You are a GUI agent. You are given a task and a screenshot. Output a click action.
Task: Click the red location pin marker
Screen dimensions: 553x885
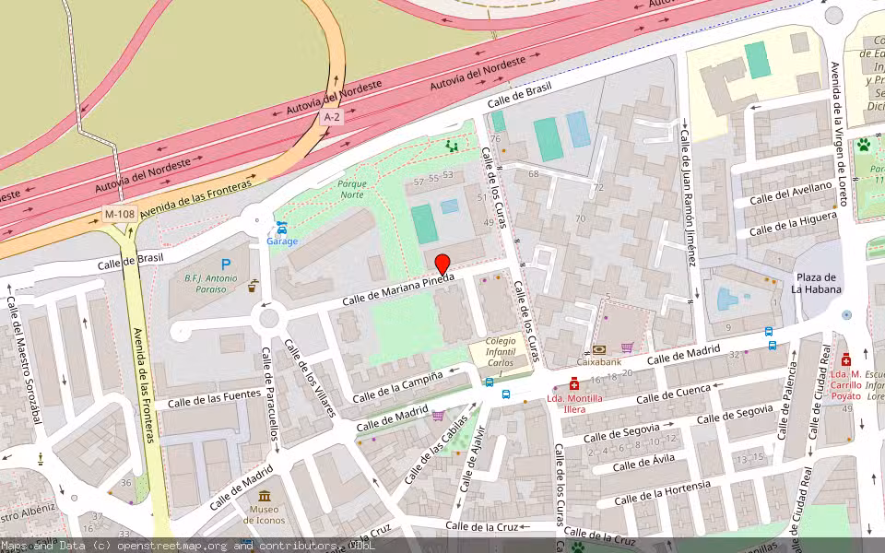[x=442, y=264]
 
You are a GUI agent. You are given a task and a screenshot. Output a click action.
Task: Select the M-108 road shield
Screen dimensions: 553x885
[x=115, y=214]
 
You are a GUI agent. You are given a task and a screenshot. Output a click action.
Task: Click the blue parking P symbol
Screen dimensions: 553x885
[x=226, y=265]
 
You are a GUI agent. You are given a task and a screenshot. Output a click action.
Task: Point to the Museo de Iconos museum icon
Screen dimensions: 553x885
[x=265, y=497]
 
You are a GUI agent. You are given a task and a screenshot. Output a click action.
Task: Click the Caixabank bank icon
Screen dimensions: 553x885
[x=599, y=349]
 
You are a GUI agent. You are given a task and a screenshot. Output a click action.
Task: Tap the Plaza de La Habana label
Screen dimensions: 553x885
[x=816, y=283]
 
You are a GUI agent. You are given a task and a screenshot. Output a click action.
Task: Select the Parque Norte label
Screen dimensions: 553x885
[x=351, y=189]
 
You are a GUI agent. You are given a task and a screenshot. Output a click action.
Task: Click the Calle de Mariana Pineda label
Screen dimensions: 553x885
[x=398, y=290]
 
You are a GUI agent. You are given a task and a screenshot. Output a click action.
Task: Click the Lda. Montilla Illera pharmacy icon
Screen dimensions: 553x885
[x=574, y=383]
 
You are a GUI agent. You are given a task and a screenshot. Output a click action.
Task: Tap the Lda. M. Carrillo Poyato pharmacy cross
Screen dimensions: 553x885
[x=846, y=359]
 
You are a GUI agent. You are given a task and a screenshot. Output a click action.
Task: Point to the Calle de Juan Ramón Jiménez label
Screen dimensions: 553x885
[x=688, y=198]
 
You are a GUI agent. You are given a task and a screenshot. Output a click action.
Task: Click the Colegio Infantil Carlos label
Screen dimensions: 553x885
[x=501, y=352]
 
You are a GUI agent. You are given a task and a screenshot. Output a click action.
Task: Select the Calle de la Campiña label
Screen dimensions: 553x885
[x=398, y=386]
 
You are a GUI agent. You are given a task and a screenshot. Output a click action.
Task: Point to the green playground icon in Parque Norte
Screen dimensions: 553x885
[x=452, y=146]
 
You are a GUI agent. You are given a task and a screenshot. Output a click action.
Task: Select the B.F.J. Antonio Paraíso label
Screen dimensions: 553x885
[x=211, y=283]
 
